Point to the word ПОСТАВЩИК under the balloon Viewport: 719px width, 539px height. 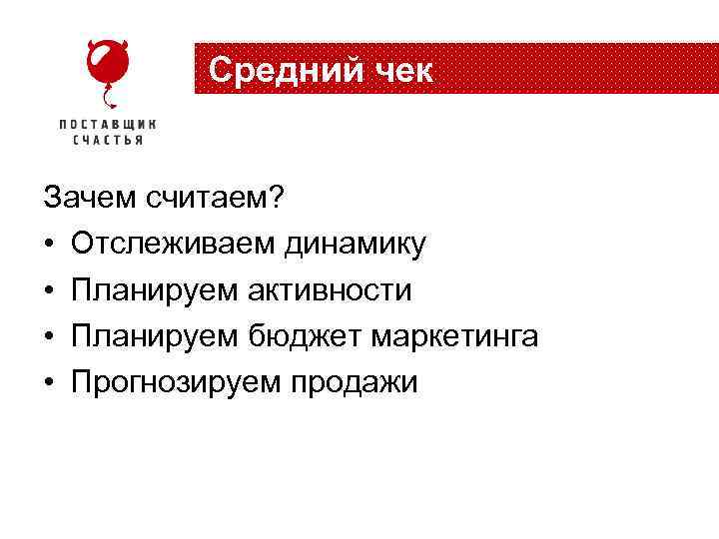point(108,125)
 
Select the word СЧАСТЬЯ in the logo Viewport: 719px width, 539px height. point(108,141)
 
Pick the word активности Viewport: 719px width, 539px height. point(330,290)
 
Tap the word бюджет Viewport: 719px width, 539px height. point(305,336)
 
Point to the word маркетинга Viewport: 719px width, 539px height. point(455,336)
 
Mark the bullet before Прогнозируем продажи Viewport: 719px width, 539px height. point(49,383)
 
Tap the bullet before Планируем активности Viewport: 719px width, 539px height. point(49,291)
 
